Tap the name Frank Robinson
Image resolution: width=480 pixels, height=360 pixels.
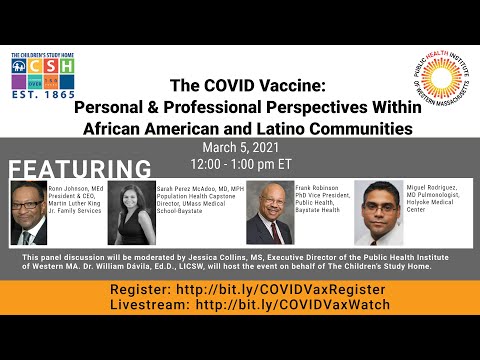[x=321, y=186]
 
